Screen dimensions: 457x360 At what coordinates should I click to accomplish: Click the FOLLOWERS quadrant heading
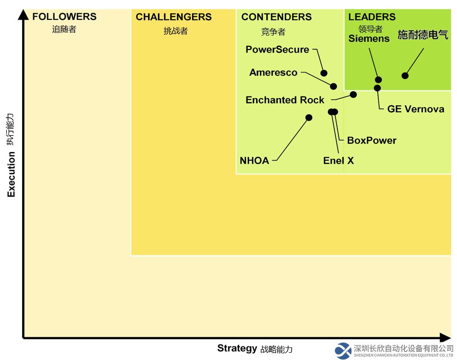pyautogui.click(x=64, y=17)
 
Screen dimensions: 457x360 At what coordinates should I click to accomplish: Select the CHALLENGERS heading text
pyautogui.click(x=174, y=17)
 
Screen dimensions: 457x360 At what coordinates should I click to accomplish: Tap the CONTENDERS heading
pyautogui.click(x=276, y=17)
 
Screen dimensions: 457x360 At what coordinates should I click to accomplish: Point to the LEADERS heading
pyautogui.click(x=372, y=17)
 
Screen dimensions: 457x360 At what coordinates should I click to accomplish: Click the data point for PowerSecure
pyautogui.click(x=324, y=73)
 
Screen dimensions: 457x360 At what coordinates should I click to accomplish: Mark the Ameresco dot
pyautogui.click(x=333, y=86)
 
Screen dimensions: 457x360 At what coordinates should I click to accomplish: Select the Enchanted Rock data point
pyautogui.click(x=353, y=94)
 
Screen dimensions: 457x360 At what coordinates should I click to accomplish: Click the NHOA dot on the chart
pyautogui.click(x=309, y=117)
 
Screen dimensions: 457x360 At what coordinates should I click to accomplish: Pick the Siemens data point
pyautogui.click(x=378, y=80)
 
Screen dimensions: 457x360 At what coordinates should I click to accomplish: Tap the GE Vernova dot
pyautogui.click(x=377, y=88)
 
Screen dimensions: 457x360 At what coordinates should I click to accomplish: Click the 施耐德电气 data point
pyautogui.click(x=405, y=76)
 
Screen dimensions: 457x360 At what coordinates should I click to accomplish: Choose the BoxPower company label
pyautogui.click(x=372, y=140)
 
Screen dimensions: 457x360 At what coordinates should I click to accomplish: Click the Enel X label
pyautogui.click(x=338, y=161)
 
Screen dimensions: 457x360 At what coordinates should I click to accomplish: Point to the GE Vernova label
pyautogui.click(x=416, y=109)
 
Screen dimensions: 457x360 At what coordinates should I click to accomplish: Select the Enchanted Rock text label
pyautogui.click(x=285, y=100)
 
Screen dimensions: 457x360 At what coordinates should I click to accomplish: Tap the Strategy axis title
pyautogui.click(x=237, y=348)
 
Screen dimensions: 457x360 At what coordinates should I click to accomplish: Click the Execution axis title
pyautogui.click(x=11, y=174)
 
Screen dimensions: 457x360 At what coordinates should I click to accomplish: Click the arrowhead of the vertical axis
pyautogui.click(x=23, y=14)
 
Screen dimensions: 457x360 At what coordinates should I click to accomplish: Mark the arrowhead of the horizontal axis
pyautogui.click(x=445, y=338)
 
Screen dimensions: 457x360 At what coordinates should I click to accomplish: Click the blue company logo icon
pyautogui.click(x=343, y=351)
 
